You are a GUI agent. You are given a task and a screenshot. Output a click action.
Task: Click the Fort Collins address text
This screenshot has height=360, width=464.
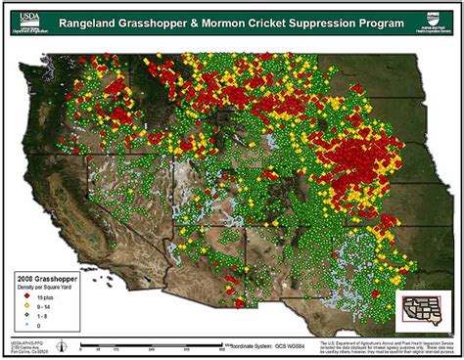tap(29, 351)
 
